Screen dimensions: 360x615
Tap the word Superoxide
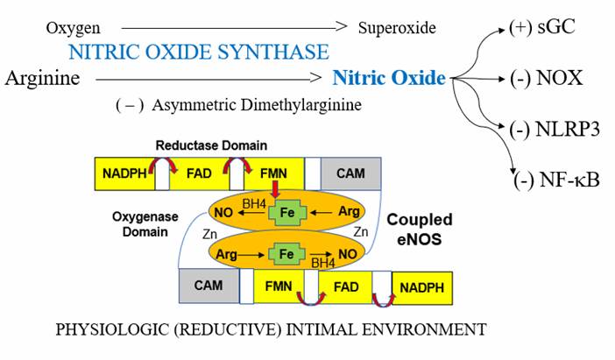[x=397, y=30]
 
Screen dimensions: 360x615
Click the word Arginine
[x=42, y=79]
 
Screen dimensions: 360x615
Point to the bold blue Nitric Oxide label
[x=389, y=79]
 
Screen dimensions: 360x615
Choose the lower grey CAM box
[x=209, y=286]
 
